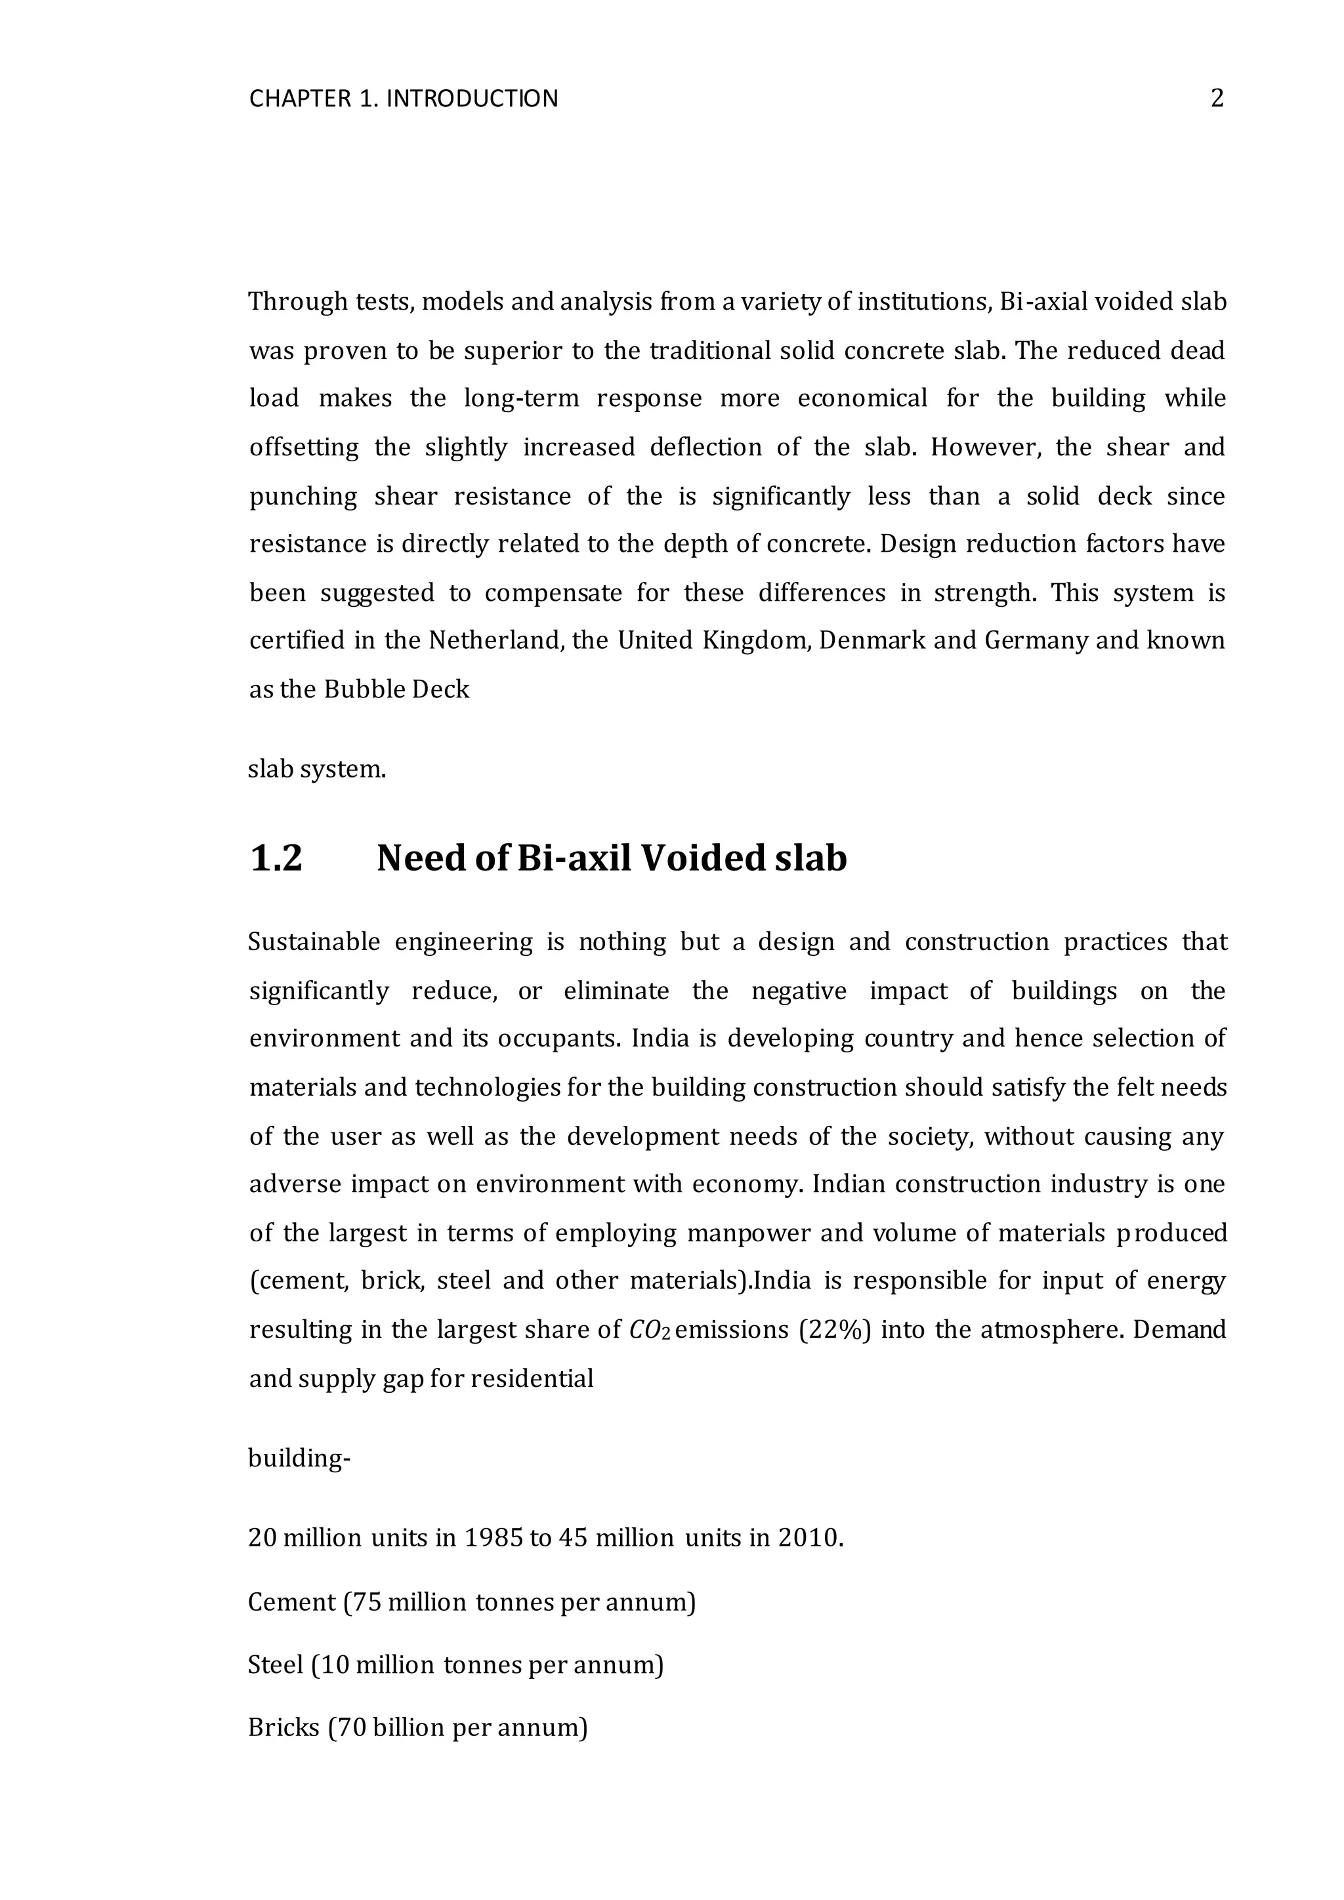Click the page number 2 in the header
click(1217, 98)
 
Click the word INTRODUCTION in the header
click(472, 99)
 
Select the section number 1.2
click(276, 858)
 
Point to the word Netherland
click(495, 640)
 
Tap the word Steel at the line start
click(276, 1665)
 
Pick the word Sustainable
click(314, 943)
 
